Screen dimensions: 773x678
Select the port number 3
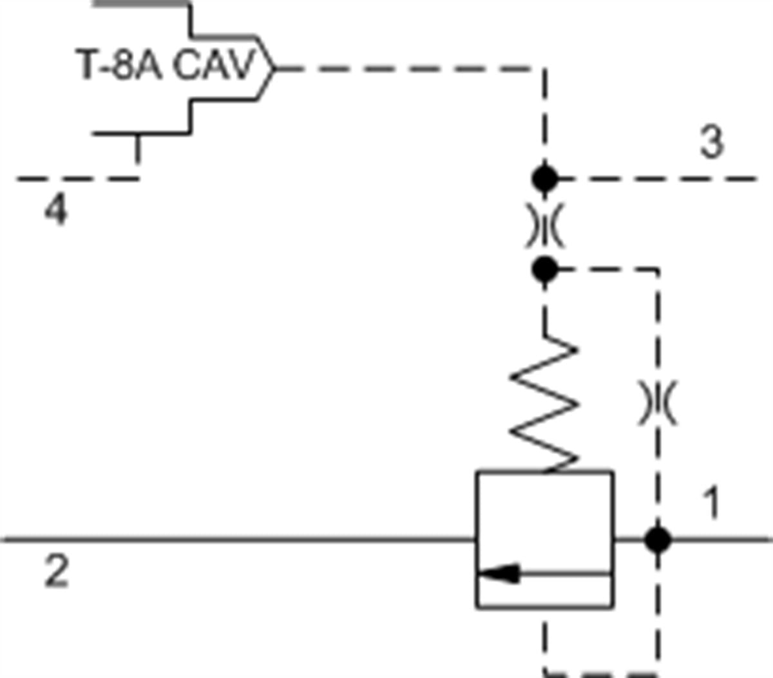click(x=712, y=142)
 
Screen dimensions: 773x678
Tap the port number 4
click(x=57, y=211)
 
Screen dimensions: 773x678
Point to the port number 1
click(x=711, y=502)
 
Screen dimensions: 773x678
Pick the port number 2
click(x=57, y=571)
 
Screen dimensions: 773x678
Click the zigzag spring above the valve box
click(x=544, y=404)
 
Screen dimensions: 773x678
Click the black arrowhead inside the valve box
click(x=499, y=573)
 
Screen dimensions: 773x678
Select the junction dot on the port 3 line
click(x=544, y=178)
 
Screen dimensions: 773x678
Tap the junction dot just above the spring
click(x=544, y=270)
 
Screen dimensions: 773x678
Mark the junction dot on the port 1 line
click(x=658, y=540)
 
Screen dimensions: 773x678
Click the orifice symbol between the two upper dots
click(x=544, y=225)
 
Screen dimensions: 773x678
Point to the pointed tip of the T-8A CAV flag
click(x=274, y=69)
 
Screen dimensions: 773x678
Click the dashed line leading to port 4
click(x=77, y=178)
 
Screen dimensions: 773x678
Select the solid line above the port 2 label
click(x=238, y=540)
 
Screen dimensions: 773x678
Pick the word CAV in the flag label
click(x=214, y=64)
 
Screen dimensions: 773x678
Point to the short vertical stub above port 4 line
click(x=138, y=149)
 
